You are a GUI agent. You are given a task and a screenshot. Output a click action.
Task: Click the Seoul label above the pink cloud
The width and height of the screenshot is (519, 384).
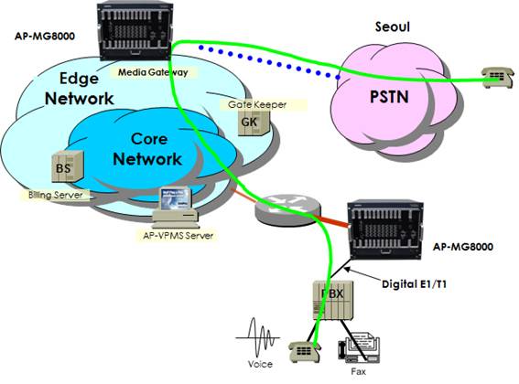(393, 27)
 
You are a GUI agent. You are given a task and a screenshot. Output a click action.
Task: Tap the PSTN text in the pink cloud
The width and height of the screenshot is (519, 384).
(389, 97)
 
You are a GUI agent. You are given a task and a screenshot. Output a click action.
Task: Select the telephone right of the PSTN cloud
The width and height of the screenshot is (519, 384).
(498, 77)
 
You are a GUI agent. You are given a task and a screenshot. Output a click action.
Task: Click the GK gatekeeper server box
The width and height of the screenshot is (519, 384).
(254, 123)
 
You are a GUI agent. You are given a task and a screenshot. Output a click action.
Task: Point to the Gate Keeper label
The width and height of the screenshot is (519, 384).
(257, 105)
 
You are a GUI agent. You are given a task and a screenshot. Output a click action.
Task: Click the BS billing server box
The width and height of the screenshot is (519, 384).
(68, 166)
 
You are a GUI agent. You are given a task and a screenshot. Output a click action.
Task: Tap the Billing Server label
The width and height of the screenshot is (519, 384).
(55, 195)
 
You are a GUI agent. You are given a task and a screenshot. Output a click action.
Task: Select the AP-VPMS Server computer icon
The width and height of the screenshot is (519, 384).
(176, 207)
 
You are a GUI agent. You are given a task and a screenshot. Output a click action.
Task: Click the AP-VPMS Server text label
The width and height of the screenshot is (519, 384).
(178, 236)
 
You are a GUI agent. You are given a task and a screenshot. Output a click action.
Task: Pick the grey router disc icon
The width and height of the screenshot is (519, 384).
(287, 209)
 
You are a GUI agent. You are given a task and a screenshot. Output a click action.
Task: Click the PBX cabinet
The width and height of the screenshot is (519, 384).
(333, 300)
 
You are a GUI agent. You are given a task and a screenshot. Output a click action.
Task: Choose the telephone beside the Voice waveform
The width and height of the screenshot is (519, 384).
(305, 352)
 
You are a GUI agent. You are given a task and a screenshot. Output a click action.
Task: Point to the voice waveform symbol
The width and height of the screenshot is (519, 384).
(258, 338)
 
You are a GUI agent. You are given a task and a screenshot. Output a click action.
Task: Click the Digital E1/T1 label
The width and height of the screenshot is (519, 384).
(414, 284)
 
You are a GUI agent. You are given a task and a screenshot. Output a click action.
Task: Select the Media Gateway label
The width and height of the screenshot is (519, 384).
(153, 72)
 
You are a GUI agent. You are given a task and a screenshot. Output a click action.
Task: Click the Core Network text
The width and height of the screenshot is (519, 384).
(148, 149)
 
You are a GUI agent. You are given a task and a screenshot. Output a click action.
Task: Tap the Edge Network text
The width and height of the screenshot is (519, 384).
(79, 89)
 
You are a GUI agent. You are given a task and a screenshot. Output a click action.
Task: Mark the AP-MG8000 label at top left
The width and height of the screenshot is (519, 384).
(45, 36)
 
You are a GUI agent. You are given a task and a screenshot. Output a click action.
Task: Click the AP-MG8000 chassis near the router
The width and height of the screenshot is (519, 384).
(385, 229)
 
